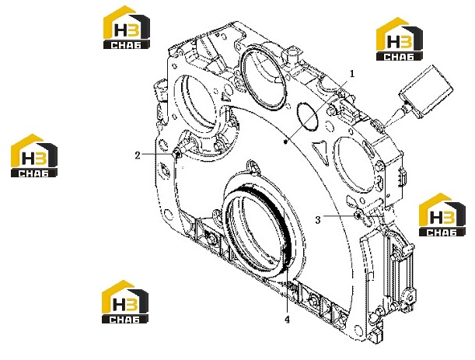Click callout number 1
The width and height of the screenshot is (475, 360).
(x=351, y=74)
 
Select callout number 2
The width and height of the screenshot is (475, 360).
(x=138, y=156)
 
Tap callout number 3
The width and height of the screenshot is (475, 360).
(x=318, y=220)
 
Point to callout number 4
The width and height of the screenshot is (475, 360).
(x=287, y=319)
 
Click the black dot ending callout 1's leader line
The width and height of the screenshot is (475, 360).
(x=285, y=142)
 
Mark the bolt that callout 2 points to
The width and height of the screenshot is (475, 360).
(x=177, y=153)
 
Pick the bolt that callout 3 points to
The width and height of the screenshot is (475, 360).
(x=358, y=215)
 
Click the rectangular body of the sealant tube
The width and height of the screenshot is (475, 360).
(x=427, y=89)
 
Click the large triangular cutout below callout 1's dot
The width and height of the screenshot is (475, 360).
(x=321, y=152)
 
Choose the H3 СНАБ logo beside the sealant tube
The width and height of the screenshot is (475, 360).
(x=400, y=39)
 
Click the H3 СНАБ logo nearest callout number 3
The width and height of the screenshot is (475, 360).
(x=442, y=215)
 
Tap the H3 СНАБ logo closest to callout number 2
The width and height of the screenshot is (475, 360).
(x=34, y=156)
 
